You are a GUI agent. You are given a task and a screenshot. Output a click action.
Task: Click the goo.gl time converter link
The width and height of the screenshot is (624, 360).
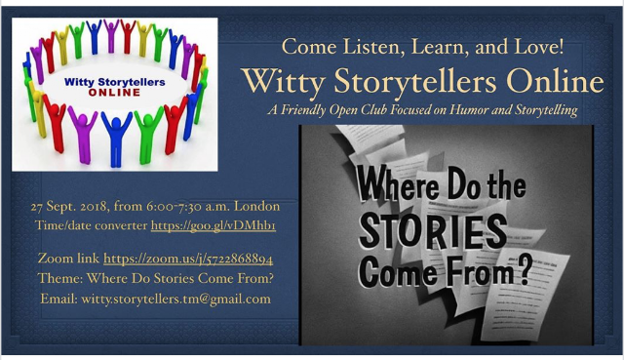[214, 225]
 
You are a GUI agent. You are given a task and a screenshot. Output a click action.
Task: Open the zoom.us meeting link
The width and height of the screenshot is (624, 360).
[188, 259]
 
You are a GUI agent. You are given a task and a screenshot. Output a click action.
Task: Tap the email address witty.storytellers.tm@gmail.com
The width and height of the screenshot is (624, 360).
[175, 299]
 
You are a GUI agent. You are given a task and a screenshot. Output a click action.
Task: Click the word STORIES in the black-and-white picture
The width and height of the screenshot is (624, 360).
[433, 231]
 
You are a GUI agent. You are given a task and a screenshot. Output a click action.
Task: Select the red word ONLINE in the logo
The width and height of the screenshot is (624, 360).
[115, 93]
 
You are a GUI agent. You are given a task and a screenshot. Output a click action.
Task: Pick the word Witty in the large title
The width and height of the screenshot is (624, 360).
[284, 81]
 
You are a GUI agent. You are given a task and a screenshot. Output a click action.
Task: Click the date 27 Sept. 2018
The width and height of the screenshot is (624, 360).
[69, 206]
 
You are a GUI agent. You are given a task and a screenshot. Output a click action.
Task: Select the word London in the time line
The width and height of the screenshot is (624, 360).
[256, 206]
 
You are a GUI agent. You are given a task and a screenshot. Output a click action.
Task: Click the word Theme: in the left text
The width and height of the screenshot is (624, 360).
[60, 278]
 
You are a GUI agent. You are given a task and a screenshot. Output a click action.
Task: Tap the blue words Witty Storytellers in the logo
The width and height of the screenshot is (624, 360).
[115, 82]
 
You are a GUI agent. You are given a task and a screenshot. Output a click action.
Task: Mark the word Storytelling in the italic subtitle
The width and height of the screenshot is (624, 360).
[546, 110]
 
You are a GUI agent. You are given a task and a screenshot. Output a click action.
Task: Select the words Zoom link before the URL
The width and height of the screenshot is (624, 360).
[68, 259]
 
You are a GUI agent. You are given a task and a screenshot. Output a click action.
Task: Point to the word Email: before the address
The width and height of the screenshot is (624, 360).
[58, 299]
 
